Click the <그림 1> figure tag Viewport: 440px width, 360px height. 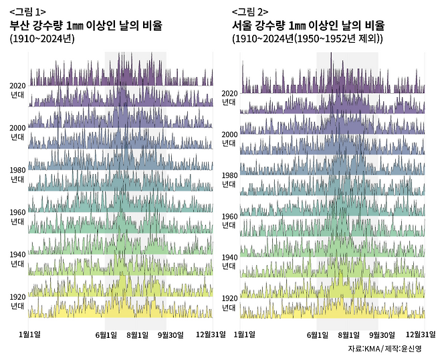tap(27, 12)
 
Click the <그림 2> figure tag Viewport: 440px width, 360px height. tap(249, 12)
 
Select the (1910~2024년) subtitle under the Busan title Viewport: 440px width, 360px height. tap(42, 39)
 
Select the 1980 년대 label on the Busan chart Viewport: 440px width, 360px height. tap(17, 174)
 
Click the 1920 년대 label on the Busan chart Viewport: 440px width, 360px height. tap(17, 301)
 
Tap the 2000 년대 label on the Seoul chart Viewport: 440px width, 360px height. tap(229, 139)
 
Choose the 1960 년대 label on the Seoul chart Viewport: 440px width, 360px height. tap(229, 220)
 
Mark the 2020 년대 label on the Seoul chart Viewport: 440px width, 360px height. tap(229, 98)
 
